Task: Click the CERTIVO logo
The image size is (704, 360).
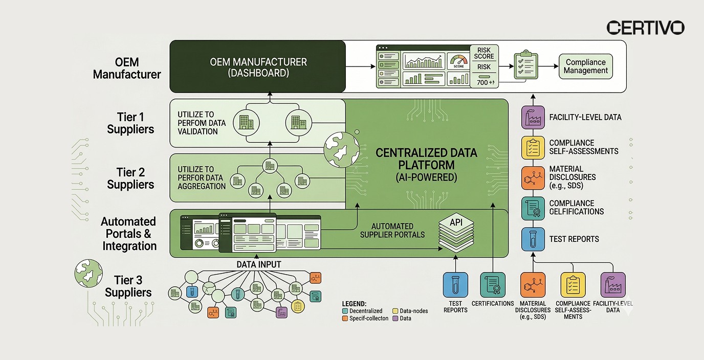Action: [645, 28]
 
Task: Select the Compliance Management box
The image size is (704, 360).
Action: [586, 66]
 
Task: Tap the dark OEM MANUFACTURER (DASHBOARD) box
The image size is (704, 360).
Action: [258, 67]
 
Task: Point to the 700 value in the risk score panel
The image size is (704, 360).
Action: [483, 82]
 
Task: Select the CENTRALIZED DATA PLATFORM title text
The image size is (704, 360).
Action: [426, 159]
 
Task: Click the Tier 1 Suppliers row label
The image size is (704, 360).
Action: [130, 123]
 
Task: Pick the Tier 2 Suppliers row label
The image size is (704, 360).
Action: [130, 178]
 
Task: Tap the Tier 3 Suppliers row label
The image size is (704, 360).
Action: [128, 286]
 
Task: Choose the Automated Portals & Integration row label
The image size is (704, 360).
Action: [129, 234]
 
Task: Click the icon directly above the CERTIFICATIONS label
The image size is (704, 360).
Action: [492, 285]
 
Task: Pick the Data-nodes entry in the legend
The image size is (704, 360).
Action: [412, 310]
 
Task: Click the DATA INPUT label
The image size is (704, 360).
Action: [258, 264]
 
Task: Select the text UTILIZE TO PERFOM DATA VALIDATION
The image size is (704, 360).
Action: [197, 123]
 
